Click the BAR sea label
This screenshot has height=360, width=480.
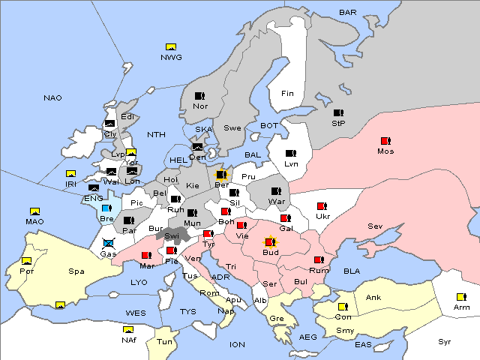pos(348,12)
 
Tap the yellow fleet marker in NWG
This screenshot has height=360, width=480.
pos(170,48)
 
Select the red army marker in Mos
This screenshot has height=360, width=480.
pos(385,141)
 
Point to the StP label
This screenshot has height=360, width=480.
pos(338,123)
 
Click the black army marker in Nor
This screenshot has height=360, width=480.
pos(199,96)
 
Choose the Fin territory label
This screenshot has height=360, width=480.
pos(287,94)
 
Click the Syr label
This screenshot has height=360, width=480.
pos(445,341)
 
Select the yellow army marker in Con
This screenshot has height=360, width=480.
pos(342,307)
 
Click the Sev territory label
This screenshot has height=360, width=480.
pos(375,226)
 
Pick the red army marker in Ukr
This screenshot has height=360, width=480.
pos(322,206)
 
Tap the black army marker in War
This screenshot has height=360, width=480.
pos(276,191)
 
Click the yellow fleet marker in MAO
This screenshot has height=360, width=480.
pos(34,211)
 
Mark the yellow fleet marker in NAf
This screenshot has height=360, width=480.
pos(128,329)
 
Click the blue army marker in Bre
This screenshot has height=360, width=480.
pos(106,208)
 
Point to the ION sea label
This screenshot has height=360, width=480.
pos(237,344)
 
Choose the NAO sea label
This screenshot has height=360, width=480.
pos(52,98)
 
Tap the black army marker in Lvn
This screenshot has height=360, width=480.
pos(290,153)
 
